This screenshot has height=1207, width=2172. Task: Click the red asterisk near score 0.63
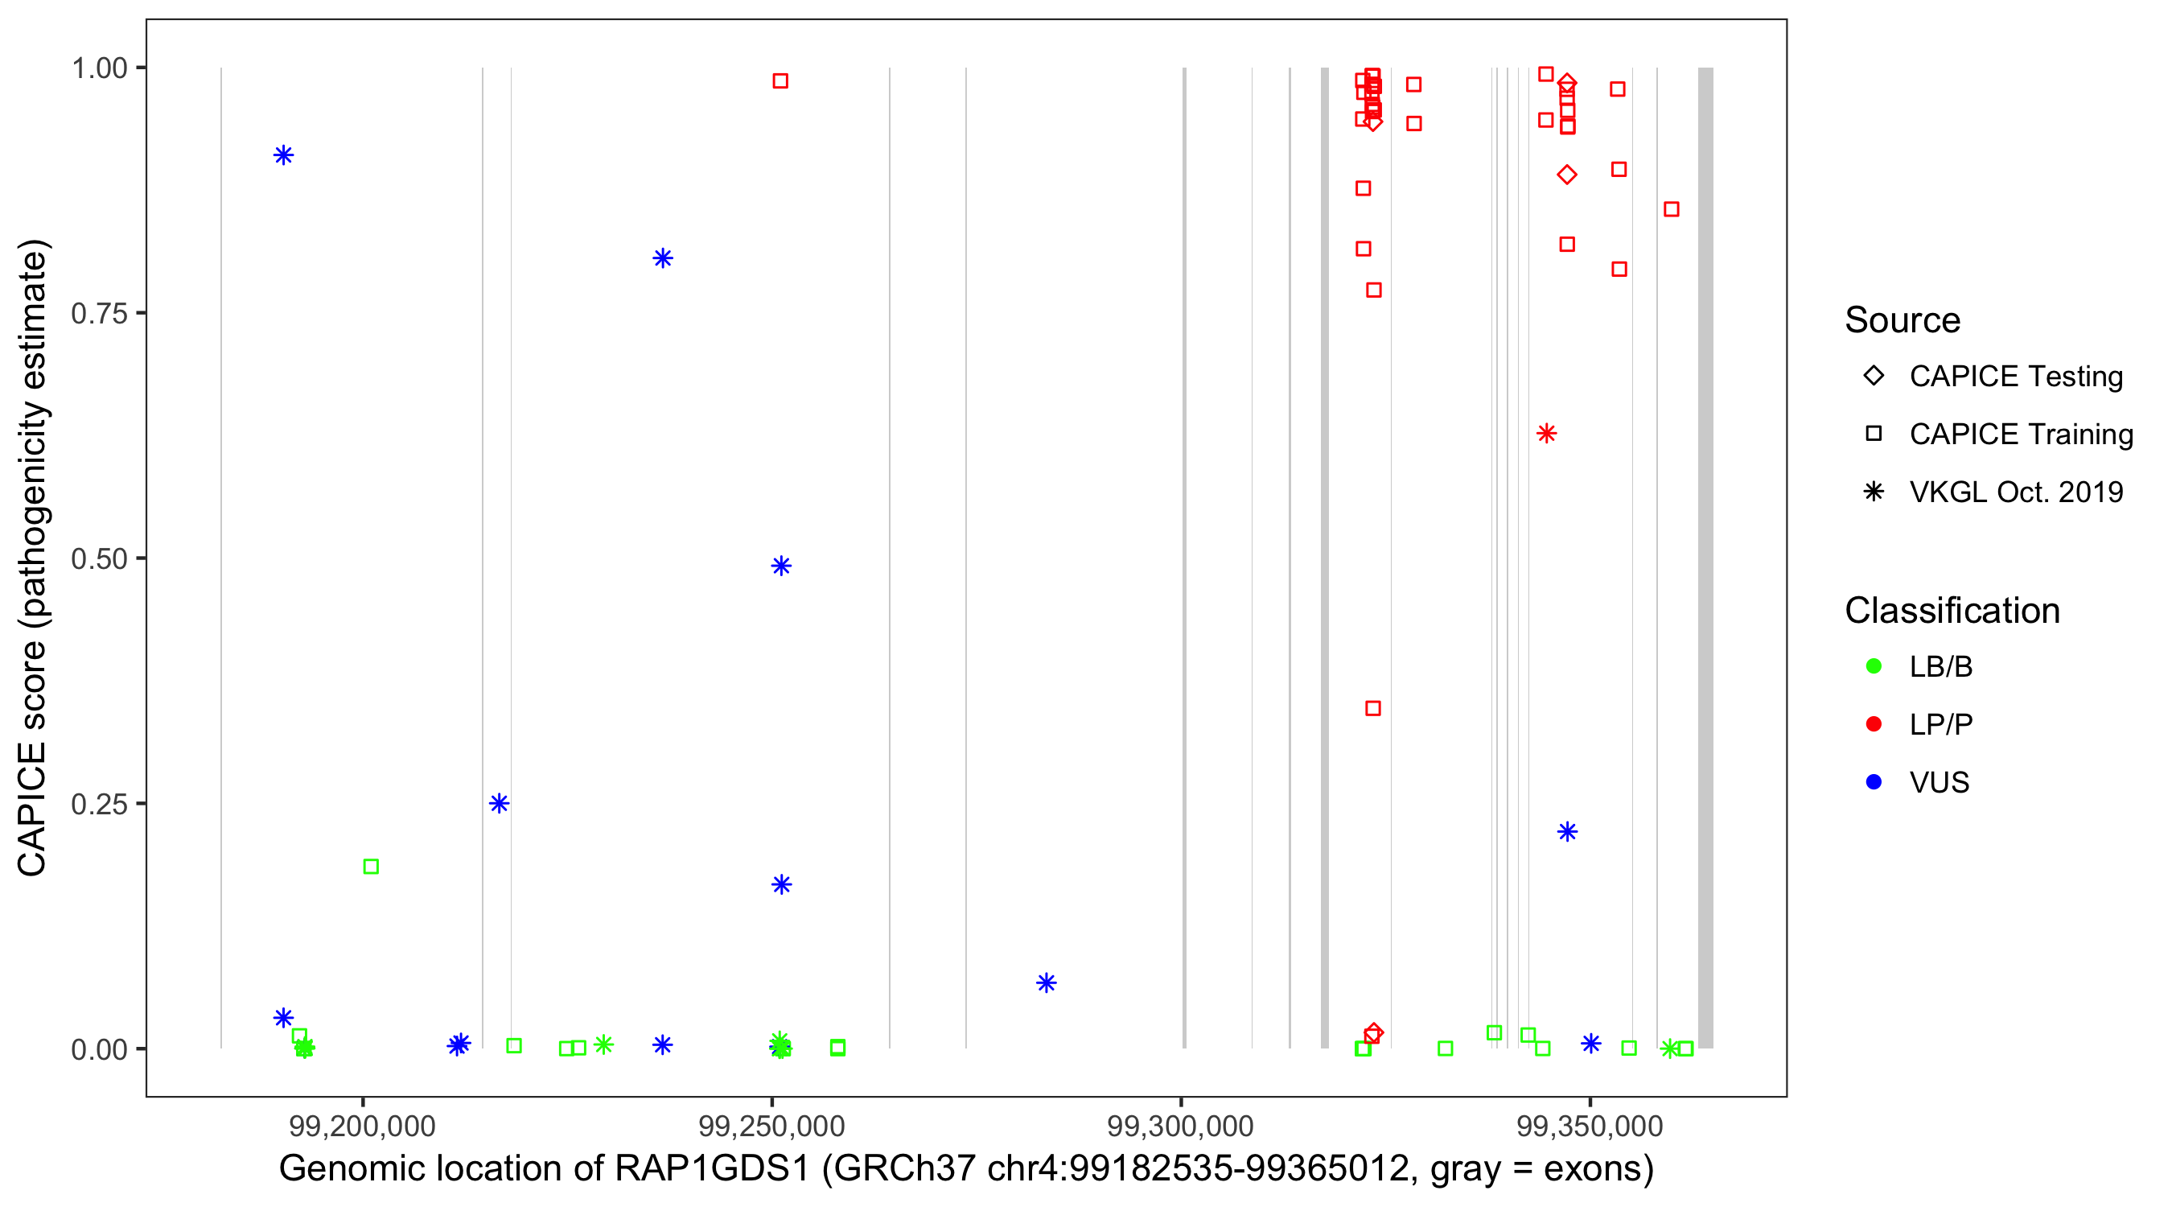[1545, 434]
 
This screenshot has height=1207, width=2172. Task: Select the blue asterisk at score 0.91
[283, 155]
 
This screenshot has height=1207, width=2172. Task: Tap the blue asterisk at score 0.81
[663, 258]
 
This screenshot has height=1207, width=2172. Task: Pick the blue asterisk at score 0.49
[781, 566]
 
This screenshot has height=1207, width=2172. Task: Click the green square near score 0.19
[371, 867]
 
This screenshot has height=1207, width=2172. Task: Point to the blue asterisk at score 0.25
[499, 803]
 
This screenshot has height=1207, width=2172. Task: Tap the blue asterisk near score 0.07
[1047, 982]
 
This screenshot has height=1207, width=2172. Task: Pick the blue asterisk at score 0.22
[1566, 832]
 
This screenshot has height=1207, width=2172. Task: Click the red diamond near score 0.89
[1566, 175]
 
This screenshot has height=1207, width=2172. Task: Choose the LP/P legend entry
[1940, 724]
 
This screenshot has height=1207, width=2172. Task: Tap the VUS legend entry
[1939, 783]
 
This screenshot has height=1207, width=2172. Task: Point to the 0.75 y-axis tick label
[99, 314]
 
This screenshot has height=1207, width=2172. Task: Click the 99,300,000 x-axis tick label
[1180, 1126]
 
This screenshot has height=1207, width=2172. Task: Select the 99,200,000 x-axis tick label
[363, 1126]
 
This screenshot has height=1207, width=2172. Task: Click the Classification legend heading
[1952, 611]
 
